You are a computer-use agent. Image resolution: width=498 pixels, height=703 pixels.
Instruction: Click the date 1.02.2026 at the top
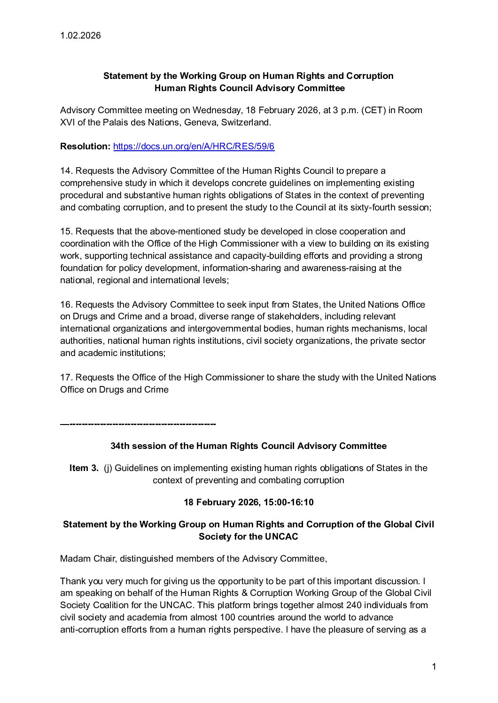[80, 35]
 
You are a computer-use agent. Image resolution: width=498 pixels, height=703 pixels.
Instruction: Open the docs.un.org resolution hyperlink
[194, 147]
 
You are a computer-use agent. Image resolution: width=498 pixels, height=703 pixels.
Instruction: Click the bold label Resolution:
[85, 147]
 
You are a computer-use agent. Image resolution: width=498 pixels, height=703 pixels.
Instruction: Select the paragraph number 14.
[65, 170]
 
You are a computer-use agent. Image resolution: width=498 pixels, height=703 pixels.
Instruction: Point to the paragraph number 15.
[65, 232]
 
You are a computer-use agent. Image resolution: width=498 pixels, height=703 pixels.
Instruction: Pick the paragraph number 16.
[65, 305]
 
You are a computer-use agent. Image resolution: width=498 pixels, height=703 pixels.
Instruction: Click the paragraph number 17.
[65, 378]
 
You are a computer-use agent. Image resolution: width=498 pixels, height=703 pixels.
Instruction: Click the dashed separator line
[138, 425]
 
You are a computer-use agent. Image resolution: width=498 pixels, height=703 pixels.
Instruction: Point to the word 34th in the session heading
[120, 446]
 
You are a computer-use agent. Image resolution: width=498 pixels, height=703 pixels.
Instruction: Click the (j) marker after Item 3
[108, 468]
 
